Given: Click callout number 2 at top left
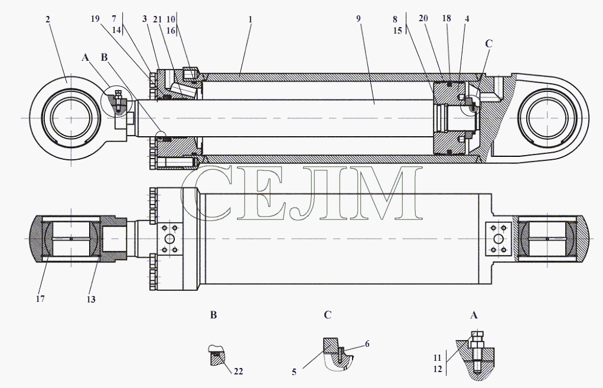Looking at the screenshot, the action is click(48, 19).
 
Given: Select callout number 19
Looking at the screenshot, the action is click(95, 19).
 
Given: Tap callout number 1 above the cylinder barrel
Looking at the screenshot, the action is click(250, 19).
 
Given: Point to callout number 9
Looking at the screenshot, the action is click(358, 18).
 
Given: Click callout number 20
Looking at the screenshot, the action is click(423, 18).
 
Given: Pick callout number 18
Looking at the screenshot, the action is click(446, 18).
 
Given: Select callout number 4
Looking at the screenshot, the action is click(467, 18).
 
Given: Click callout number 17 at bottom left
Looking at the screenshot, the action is click(40, 298).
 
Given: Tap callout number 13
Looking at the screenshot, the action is click(91, 300).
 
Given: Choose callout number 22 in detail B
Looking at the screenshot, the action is click(239, 371).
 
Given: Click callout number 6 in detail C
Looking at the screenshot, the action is click(367, 344).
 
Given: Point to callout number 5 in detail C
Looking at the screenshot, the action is click(294, 372).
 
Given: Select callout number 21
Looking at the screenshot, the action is click(157, 19).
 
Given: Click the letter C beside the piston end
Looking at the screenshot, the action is click(488, 44).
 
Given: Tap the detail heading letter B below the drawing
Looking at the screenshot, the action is click(213, 315).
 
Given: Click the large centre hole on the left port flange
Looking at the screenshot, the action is click(170, 239).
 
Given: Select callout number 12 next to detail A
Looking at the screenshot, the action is click(438, 369).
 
